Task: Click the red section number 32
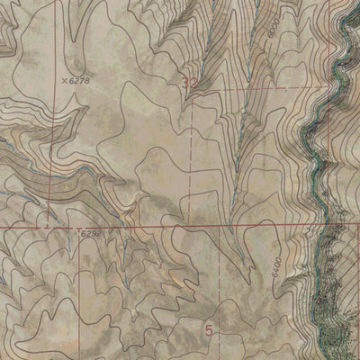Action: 189,84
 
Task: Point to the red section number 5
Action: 209,330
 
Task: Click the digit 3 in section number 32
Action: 184,84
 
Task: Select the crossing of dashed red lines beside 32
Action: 193,91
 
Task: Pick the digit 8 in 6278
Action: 92,81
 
